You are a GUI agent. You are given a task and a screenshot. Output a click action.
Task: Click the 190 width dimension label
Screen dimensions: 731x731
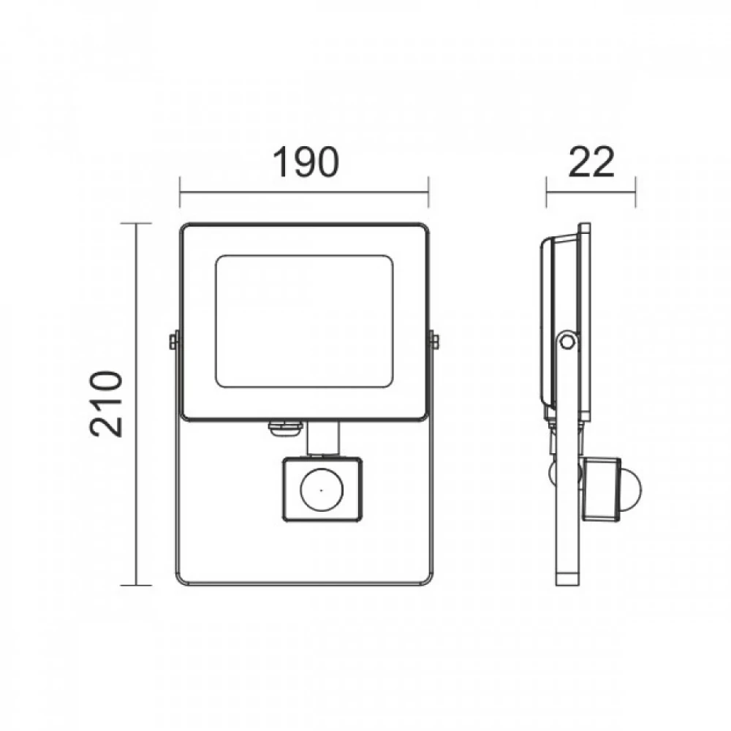[x=306, y=162]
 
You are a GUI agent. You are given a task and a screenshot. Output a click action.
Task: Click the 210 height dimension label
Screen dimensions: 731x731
[x=106, y=404]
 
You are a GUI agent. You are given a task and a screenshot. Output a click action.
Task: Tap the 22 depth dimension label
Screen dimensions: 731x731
[x=591, y=162]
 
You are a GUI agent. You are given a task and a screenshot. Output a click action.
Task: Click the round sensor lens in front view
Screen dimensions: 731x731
[x=321, y=491]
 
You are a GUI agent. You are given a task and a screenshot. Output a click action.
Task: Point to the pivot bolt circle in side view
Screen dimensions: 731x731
[x=567, y=341]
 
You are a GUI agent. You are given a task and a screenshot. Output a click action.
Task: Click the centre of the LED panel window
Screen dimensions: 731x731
[x=304, y=321]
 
